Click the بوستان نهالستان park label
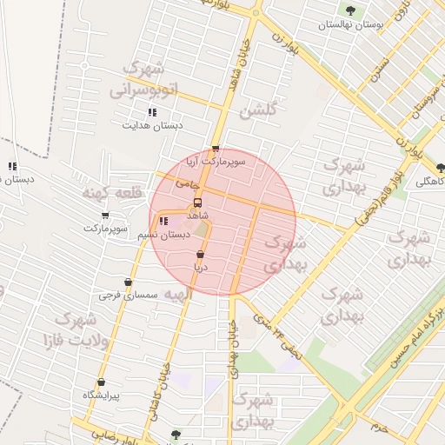click(349, 25)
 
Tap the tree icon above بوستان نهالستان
click(350, 11)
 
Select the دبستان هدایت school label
click(152, 126)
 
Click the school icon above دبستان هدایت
click(152, 112)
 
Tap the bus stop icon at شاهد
click(197, 203)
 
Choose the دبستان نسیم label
click(164, 236)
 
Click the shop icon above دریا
click(201, 255)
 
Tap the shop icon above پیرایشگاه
click(101, 382)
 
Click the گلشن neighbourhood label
click(260, 111)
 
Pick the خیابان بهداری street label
click(233, 348)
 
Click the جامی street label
click(188, 183)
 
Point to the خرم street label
click(378, 427)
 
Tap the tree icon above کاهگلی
click(441, 168)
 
